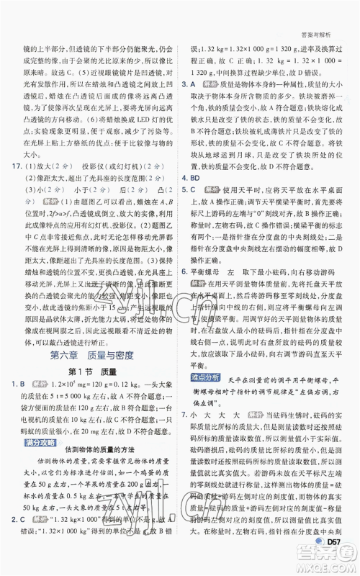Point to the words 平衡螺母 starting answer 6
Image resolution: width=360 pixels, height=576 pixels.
(204, 272)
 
